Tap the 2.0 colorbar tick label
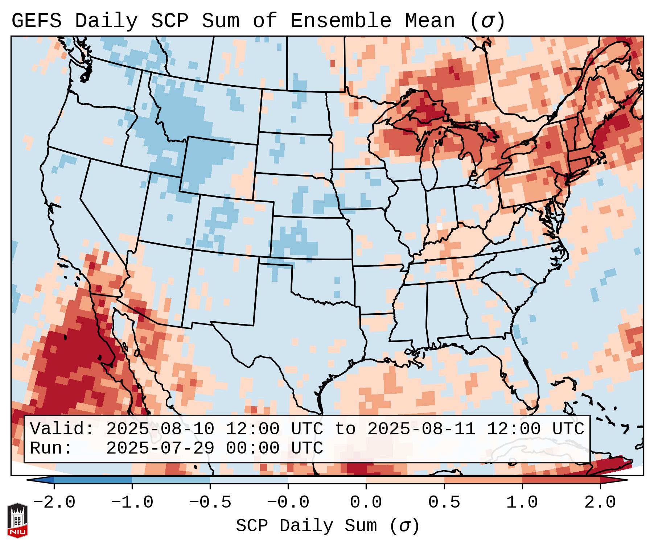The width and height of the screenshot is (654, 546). (x=600, y=502)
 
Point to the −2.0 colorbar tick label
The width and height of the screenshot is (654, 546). (x=54, y=502)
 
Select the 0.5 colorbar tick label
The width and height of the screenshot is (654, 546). (x=444, y=502)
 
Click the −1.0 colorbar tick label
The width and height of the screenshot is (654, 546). (x=132, y=502)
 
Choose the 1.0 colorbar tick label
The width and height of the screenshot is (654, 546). (x=522, y=502)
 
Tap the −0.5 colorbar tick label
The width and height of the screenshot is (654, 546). (x=210, y=502)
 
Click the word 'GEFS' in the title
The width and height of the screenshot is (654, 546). (x=36, y=21)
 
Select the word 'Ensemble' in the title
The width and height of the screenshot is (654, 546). (x=341, y=21)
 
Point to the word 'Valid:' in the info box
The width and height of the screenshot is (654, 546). (x=62, y=429)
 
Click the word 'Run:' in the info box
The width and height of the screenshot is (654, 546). (x=51, y=448)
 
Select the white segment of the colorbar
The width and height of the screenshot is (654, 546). (x=327, y=480)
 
